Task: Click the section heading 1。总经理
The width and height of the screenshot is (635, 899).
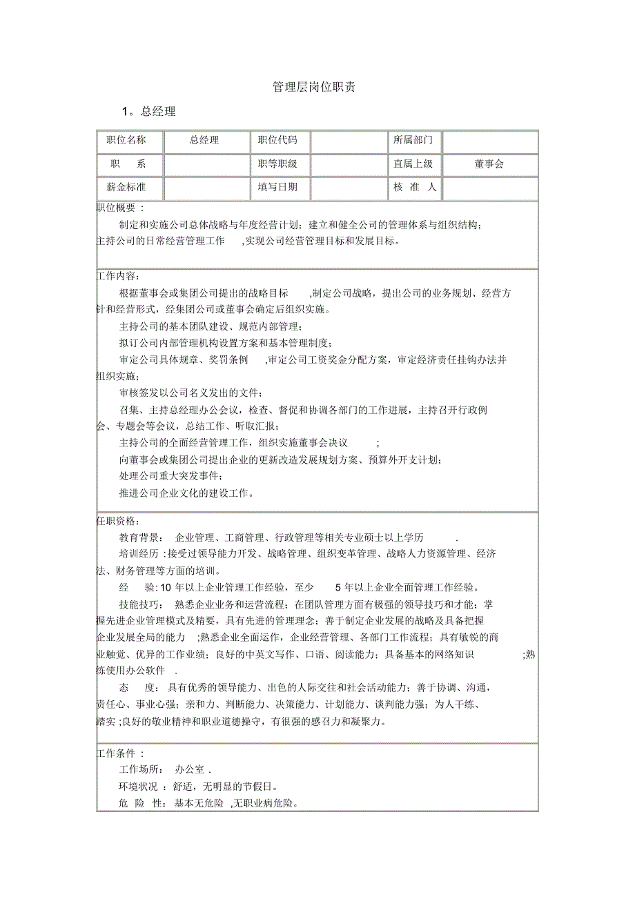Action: [148, 111]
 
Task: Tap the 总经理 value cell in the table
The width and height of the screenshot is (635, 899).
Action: [204, 140]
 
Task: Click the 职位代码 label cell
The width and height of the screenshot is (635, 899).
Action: [277, 140]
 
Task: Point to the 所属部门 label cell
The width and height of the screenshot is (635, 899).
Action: [413, 140]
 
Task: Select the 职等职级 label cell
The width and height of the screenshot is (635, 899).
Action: [277, 164]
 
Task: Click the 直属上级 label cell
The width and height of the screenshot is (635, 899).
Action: [413, 164]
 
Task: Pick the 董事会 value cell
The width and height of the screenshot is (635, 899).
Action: [489, 164]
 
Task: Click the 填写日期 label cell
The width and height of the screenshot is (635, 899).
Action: [277, 186]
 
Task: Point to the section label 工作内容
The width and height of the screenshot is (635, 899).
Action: [118, 275]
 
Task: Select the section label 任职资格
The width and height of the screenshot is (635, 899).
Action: [118, 521]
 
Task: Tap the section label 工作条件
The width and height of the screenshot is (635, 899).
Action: [120, 753]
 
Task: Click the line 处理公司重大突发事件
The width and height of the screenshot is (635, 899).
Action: [171, 476]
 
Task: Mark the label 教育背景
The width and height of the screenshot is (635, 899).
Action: [141, 537]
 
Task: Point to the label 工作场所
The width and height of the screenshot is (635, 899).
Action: [141, 769]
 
